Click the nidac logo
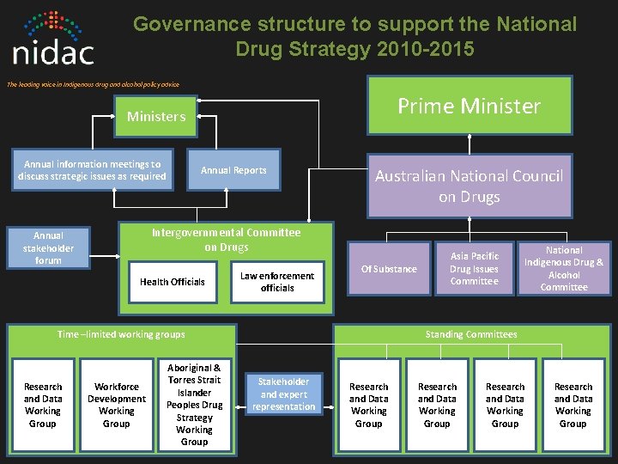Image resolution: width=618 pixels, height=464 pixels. point(54,40)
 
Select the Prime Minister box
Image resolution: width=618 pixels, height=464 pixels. point(470,106)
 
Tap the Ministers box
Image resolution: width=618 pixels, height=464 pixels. point(156,116)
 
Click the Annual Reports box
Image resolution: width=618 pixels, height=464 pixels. point(233,170)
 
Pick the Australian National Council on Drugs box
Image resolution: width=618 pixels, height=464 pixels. point(470,186)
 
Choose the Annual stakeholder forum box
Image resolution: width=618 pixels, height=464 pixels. point(48,247)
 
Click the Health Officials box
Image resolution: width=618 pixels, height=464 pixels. point(173,282)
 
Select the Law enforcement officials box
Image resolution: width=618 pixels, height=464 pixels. point(277,282)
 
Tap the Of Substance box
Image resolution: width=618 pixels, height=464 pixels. point(389,269)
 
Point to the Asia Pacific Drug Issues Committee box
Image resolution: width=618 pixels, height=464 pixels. point(474,269)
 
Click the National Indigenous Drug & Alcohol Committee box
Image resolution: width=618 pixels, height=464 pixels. point(564,269)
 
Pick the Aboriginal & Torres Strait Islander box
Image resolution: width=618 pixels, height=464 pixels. point(194,404)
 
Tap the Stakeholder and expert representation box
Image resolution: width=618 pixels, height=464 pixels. point(284,394)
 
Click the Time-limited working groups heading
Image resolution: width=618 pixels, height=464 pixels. point(121,334)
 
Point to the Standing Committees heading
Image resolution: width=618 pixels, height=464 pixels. point(471,334)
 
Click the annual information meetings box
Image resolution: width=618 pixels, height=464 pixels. point(92,170)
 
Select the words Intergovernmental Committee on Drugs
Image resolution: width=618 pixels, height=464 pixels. point(227,240)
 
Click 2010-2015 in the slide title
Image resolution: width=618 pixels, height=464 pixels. point(425,50)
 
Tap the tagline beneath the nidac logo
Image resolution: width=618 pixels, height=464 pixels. point(93,83)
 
